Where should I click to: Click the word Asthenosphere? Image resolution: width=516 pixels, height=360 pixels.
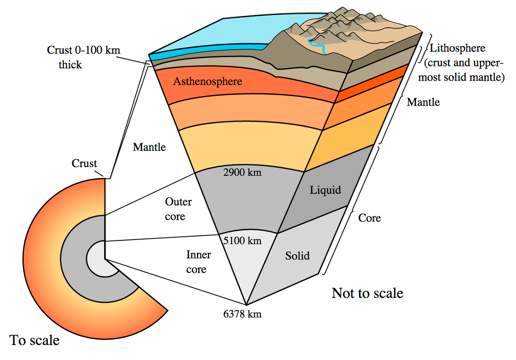coord(207,82)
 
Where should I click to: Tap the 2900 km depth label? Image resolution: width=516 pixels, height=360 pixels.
coord(243,172)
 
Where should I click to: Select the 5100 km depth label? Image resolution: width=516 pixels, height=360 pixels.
coord(243,240)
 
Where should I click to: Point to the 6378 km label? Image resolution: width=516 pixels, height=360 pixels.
coord(243,314)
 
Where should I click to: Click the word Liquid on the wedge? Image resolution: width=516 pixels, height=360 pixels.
coord(325,190)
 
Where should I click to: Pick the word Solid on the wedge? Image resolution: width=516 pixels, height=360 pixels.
coord(297,256)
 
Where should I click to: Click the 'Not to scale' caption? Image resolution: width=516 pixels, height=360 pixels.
coord(367,293)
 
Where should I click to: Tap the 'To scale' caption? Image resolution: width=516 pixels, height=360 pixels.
coord(34,340)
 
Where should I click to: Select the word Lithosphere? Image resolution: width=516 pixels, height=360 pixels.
coord(457,48)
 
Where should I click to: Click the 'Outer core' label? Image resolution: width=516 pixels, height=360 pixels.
coord(178,209)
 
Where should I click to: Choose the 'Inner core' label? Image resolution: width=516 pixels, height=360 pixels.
coord(198,262)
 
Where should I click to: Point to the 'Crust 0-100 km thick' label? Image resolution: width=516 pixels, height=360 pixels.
coord(83,57)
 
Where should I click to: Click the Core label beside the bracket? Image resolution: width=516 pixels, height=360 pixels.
coord(369,218)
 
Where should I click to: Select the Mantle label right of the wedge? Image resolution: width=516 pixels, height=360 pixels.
coord(423,102)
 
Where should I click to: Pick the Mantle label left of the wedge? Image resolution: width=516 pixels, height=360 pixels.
coord(149,147)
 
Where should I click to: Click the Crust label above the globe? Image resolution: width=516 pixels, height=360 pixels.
coord(84,163)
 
